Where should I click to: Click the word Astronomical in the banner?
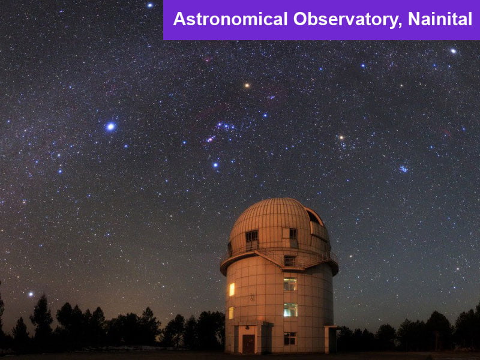coord(230,19)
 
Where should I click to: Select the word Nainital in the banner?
coord(440,19)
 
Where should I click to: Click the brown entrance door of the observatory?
coord(248,344)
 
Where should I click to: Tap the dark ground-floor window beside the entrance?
coord(290,338)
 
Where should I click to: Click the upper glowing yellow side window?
coord(232,289)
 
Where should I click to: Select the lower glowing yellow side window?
coord(231,313)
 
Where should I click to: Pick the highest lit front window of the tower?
coord(290,284)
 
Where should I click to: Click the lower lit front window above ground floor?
coord(290,310)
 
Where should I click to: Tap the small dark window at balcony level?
coord(289,261)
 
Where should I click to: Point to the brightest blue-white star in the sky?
coord(110,127)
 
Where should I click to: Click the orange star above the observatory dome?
coord(247,85)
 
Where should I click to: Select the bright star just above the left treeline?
coord(31,294)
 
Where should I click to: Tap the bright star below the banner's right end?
coord(453,51)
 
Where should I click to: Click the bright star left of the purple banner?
coord(149,5)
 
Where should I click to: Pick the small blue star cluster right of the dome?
coord(403,169)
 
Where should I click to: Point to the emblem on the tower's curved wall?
coord(253,297)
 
